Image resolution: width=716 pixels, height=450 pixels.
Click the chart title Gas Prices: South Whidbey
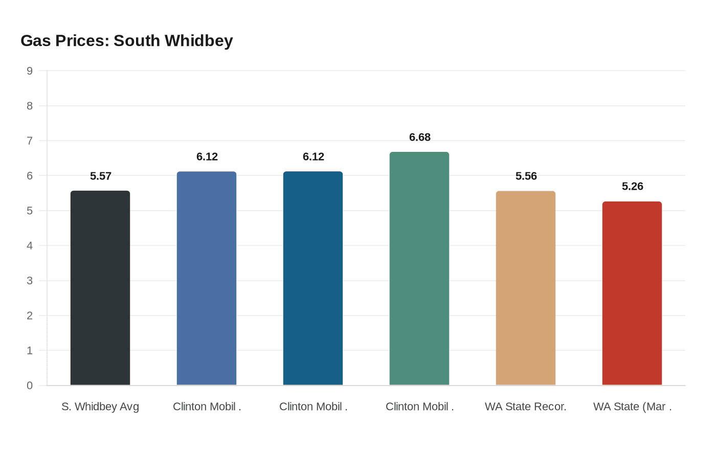click(x=126, y=41)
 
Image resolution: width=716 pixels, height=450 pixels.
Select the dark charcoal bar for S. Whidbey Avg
click(x=100, y=288)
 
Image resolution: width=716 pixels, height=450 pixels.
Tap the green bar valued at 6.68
click(x=419, y=268)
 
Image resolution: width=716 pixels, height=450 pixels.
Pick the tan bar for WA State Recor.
click(x=526, y=288)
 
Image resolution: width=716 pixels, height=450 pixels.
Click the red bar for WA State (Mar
click(x=632, y=293)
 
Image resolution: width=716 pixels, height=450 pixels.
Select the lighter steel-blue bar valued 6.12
click(x=207, y=278)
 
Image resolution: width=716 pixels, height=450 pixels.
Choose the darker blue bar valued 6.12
click(x=313, y=278)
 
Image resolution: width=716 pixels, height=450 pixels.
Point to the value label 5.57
click(x=101, y=176)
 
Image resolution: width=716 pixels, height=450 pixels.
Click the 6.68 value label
click(x=420, y=138)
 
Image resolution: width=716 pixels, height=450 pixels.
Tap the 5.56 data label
click(x=526, y=176)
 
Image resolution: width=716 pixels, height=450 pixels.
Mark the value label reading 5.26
click(x=633, y=187)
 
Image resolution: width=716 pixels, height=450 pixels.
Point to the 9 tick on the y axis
click(x=30, y=71)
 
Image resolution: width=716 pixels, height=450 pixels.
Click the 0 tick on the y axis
click(x=30, y=386)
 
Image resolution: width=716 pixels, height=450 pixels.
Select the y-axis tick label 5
click(x=30, y=211)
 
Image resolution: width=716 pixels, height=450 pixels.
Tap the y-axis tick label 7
click(x=30, y=141)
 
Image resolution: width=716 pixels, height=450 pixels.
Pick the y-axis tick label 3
click(x=30, y=281)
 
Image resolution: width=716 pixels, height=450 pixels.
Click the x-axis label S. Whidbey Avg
click(x=100, y=407)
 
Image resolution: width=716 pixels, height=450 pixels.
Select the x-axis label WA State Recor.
click(x=526, y=407)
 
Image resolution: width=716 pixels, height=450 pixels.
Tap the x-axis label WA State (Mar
click(x=632, y=407)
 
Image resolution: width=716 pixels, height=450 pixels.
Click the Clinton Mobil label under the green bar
click(x=419, y=407)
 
